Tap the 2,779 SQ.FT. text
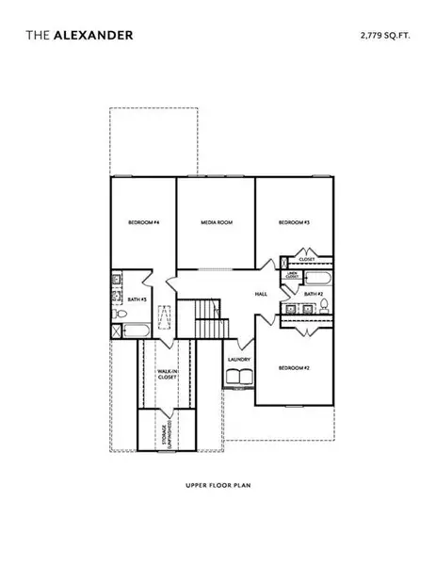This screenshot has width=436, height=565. pos(385,35)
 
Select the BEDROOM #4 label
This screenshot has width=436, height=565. pos(143,222)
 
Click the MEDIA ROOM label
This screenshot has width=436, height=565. pos(217,222)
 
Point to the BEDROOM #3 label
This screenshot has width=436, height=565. pos(294,222)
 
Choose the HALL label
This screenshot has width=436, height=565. pos(262,295)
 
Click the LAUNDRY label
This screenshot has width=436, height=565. pos(239,359)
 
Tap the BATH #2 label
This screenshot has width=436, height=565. pos(315,295)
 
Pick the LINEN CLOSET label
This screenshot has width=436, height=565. pos(292,277)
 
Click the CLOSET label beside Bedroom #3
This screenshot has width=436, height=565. pos(307,258)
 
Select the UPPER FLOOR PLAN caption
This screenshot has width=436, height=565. pos(218,488)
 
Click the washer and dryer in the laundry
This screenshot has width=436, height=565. pos(239,377)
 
